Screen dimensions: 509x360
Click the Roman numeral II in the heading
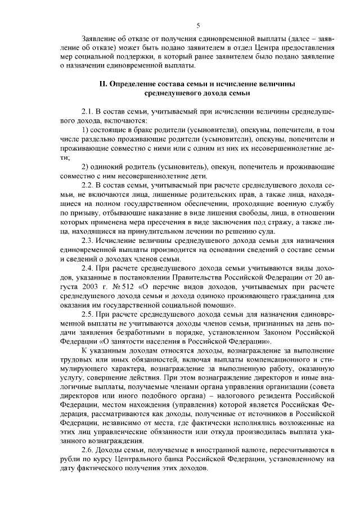pyautogui.click(x=102, y=84)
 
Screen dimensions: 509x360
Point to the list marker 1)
pyautogui.click(x=85, y=130)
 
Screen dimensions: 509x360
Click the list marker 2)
pyautogui.click(x=85, y=166)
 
